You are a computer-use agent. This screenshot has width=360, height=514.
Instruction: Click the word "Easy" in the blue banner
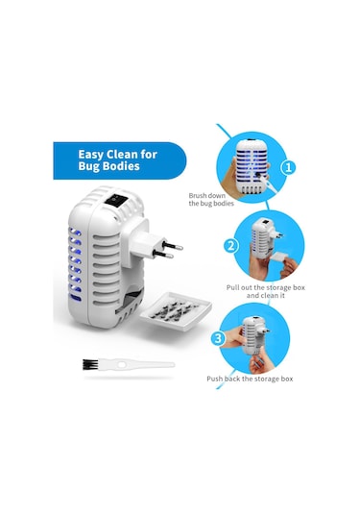click(x=91, y=155)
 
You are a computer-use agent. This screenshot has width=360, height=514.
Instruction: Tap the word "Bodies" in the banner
click(x=121, y=166)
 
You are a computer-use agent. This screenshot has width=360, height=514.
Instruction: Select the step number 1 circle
click(x=288, y=167)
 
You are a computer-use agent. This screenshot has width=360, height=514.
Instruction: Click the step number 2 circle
click(x=231, y=246)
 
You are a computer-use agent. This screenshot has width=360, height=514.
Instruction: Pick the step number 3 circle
click(x=218, y=338)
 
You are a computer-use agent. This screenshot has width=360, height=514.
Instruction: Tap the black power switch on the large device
click(x=115, y=200)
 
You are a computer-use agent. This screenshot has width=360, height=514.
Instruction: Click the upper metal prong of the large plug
click(x=172, y=245)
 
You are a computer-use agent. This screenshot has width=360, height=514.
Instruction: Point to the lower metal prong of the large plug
click(x=163, y=255)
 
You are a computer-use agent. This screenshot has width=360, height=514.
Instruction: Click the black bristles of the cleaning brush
click(x=90, y=364)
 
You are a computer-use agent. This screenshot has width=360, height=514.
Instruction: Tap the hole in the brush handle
click(x=122, y=364)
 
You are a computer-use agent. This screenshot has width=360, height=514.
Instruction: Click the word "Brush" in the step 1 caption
click(x=198, y=196)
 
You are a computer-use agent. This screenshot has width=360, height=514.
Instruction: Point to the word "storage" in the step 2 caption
click(x=278, y=287)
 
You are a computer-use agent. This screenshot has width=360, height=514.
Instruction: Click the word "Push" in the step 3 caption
click(x=214, y=379)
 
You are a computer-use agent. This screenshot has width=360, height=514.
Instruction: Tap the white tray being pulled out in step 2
click(x=278, y=258)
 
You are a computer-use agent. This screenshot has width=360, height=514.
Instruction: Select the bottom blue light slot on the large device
click(x=75, y=298)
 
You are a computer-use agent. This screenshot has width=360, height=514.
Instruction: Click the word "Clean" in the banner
click(x=123, y=155)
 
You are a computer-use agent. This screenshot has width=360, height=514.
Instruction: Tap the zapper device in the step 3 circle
click(x=254, y=334)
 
